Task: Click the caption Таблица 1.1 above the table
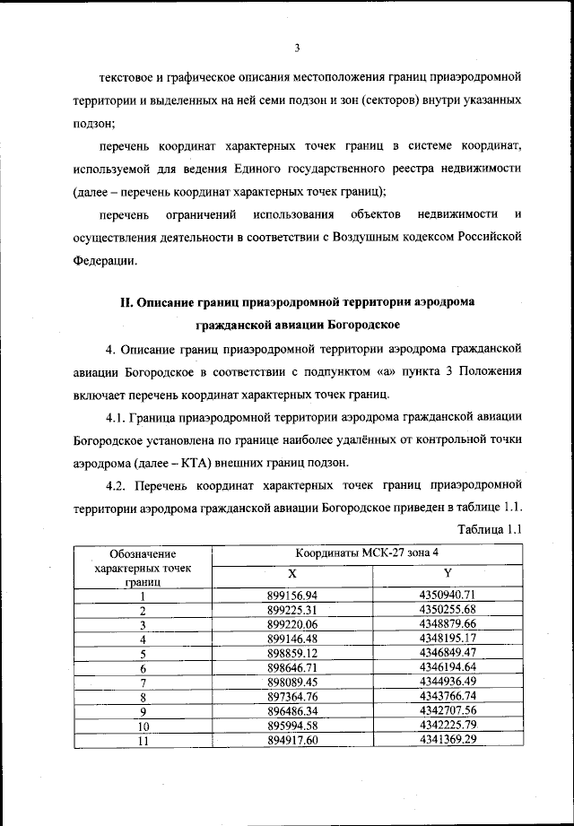[x=489, y=528]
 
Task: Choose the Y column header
[x=447, y=573]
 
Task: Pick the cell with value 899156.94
[x=292, y=596]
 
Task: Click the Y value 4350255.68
[x=447, y=610]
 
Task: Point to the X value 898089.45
[x=292, y=683]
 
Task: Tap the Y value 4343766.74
[x=447, y=697]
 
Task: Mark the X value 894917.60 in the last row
[x=292, y=740]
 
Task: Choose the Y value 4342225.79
[x=447, y=726]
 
